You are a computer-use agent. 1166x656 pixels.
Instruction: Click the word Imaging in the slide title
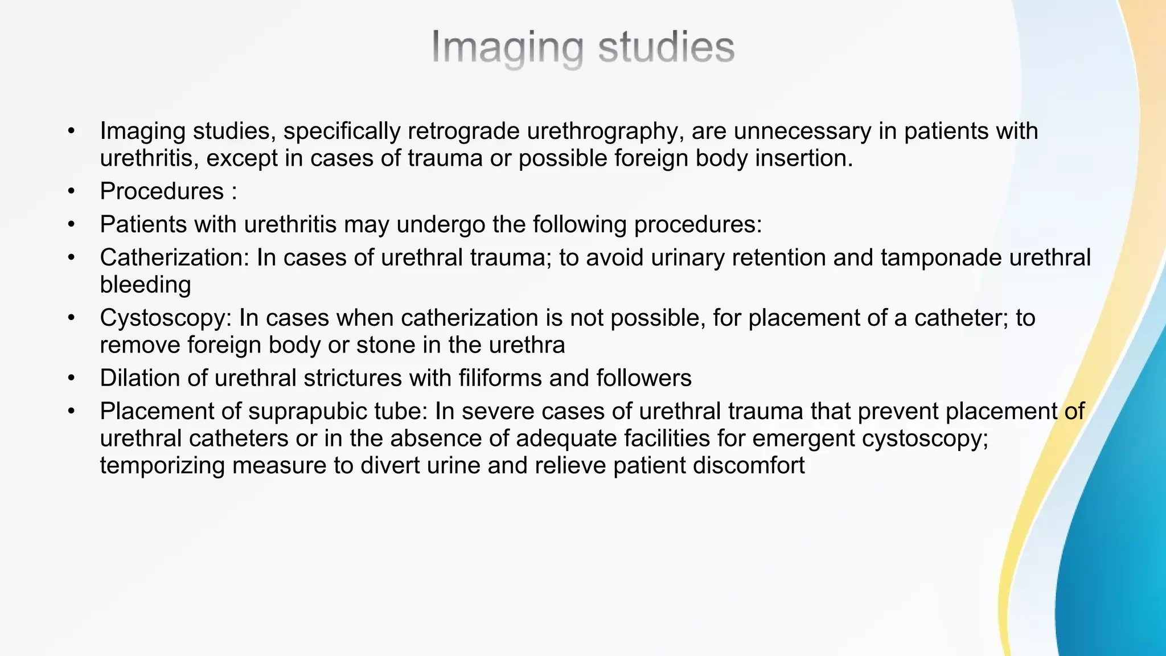click(x=506, y=47)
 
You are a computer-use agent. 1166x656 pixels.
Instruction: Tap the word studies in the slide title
click(x=666, y=47)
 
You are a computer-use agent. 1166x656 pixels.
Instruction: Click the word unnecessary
click(x=802, y=131)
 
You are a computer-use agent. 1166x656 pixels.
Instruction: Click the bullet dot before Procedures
click(x=71, y=191)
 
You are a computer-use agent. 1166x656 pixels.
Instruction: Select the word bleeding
click(x=145, y=285)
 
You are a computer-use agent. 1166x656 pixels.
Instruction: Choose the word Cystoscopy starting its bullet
click(x=166, y=318)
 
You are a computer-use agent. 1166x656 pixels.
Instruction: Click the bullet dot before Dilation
click(x=71, y=378)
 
